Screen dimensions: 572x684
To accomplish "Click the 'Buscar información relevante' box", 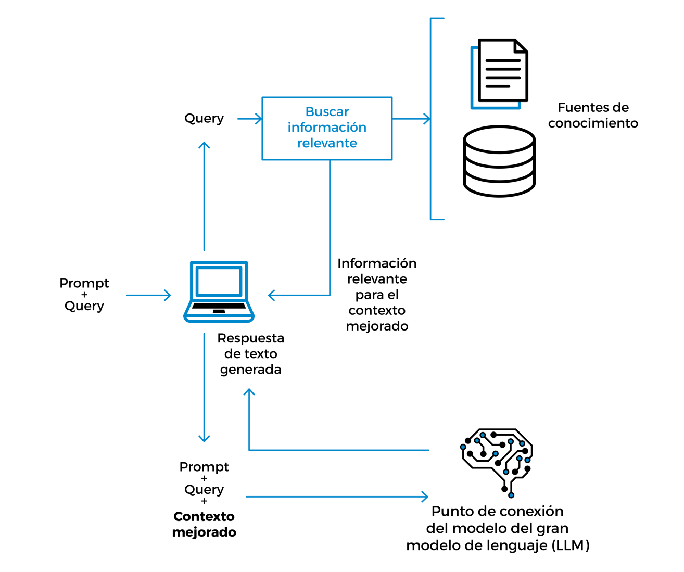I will click(327, 128).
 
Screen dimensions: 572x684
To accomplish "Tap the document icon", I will click(500, 73).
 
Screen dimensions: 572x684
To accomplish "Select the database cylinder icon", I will click(499, 161).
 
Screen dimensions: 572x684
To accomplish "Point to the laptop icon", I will click(219, 292).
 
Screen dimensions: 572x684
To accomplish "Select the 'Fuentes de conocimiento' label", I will click(593, 116).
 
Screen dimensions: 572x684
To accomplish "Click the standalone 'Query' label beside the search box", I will click(204, 119).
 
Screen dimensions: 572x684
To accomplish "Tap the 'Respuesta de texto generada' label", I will click(251, 354).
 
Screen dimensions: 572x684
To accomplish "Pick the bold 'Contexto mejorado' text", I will click(204, 525).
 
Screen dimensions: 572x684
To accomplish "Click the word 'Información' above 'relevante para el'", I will click(377, 263).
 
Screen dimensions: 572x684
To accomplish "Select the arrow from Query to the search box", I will click(250, 119).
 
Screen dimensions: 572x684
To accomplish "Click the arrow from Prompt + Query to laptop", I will click(149, 296).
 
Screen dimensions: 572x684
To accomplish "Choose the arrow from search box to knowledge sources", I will click(411, 119).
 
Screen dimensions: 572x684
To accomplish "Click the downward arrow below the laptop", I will click(204, 388).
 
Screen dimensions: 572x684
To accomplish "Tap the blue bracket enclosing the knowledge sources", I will click(432, 119).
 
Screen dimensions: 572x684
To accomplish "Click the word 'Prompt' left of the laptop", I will click(84, 284).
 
